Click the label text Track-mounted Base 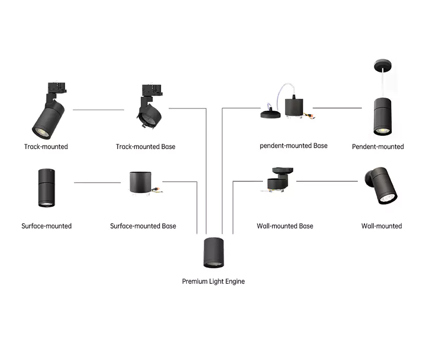[146, 147]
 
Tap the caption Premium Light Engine [213, 281]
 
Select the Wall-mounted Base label [285, 226]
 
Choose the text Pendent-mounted [378, 147]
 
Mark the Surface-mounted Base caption [143, 226]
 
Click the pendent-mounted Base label [294, 146]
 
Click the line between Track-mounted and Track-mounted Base [98, 110]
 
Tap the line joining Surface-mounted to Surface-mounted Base [97, 182]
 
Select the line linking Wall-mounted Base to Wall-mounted [327, 181]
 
